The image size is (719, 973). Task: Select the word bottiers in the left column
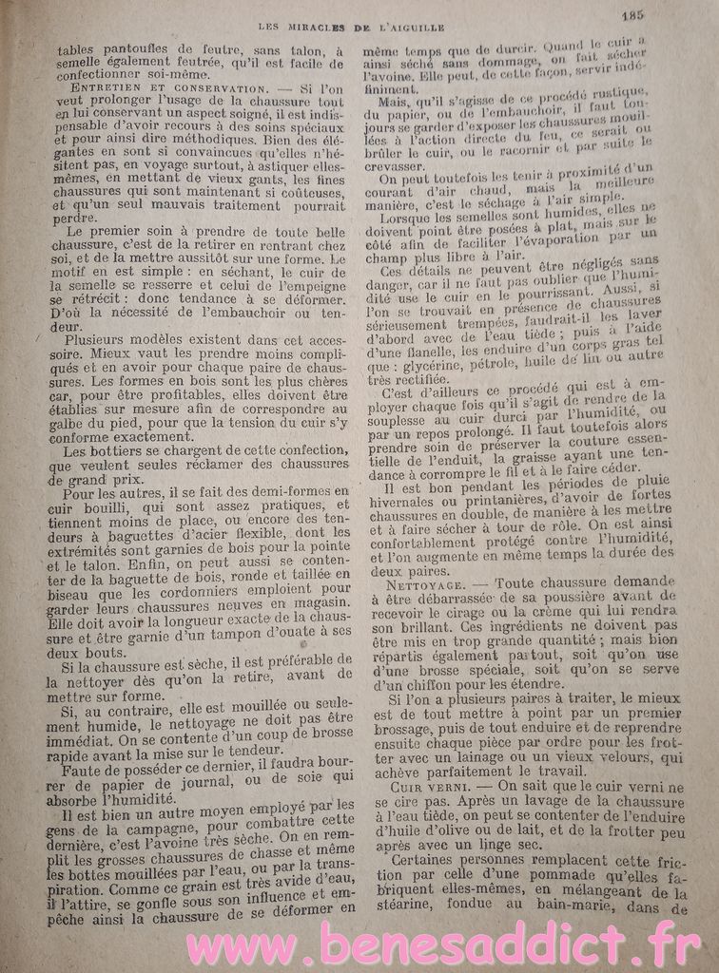click(115, 451)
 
